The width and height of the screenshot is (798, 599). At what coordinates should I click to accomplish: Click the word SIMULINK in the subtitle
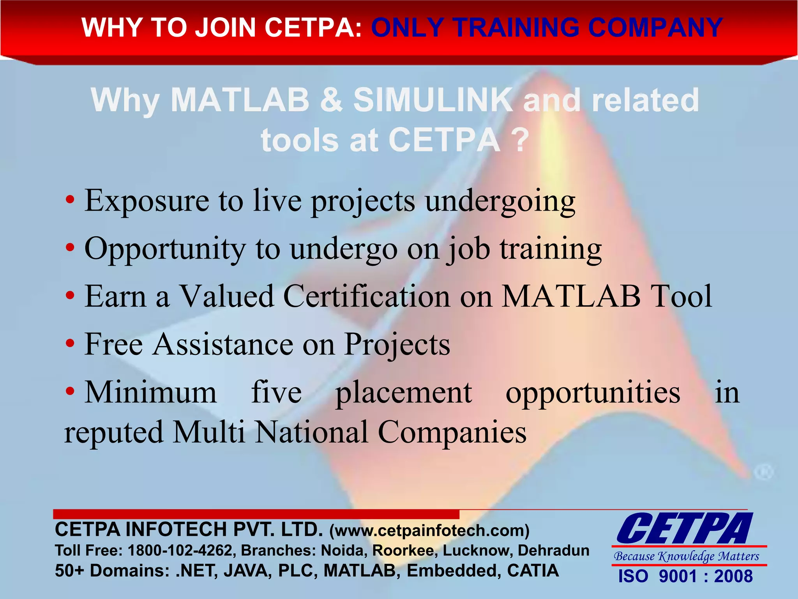click(x=433, y=100)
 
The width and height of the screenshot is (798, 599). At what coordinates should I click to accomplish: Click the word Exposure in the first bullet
click(x=147, y=201)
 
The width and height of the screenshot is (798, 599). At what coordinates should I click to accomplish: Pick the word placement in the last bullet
click(x=404, y=393)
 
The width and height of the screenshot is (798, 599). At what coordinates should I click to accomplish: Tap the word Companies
click(x=452, y=432)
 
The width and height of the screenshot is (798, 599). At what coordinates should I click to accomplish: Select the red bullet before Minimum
click(x=70, y=391)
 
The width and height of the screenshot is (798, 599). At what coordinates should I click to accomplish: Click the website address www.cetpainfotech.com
click(x=429, y=531)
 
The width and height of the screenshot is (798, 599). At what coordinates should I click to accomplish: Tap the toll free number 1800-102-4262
click(x=180, y=551)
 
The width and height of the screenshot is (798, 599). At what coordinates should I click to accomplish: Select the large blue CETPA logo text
click(x=685, y=529)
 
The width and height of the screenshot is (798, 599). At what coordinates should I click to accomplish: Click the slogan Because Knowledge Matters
click(x=687, y=556)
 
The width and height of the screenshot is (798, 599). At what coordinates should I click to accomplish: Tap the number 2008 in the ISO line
click(x=733, y=576)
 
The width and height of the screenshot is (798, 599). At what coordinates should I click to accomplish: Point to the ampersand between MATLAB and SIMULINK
click(x=331, y=100)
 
